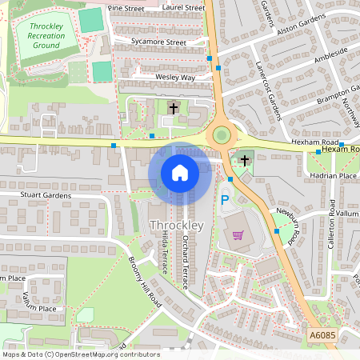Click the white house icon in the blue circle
pyautogui.click(x=180, y=172)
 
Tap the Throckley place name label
pyautogui.click(x=177, y=226)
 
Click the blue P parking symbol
pyautogui.click(x=225, y=200)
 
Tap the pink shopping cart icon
pyautogui.click(x=238, y=234)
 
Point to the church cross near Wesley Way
pyautogui.click(x=174, y=107)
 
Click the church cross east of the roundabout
pyautogui.click(x=245, y=160)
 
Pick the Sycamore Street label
pyautogui.click(x=159, y=42)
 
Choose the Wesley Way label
pyautogui.click(x=175, y=78)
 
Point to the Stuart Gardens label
pyautogui.click(x=45, y=195)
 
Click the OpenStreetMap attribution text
pyautogui.click(x=81, y=354)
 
